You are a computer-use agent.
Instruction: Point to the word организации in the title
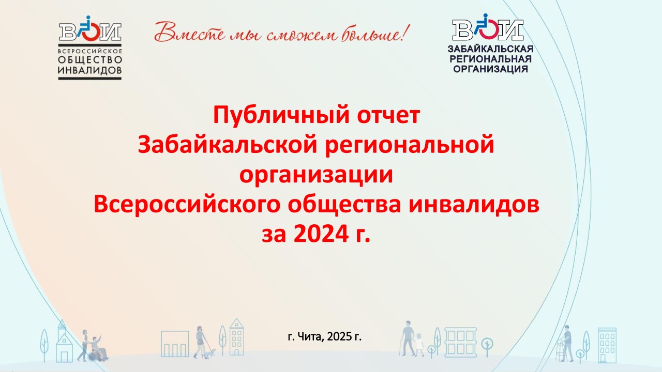point(316,175)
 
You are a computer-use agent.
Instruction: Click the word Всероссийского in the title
point(187,204)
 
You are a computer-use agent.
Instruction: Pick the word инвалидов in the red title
point(474,204)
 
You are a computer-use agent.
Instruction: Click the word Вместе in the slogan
point(190,32)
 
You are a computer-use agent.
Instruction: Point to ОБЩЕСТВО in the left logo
point(90,60)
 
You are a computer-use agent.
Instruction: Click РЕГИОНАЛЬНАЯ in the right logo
point(491,59)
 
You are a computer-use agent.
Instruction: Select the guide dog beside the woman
point(210,353)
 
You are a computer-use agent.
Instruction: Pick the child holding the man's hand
point(419,345)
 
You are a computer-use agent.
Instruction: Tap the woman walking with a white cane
point(201,342)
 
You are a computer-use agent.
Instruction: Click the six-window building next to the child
point(461,342)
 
